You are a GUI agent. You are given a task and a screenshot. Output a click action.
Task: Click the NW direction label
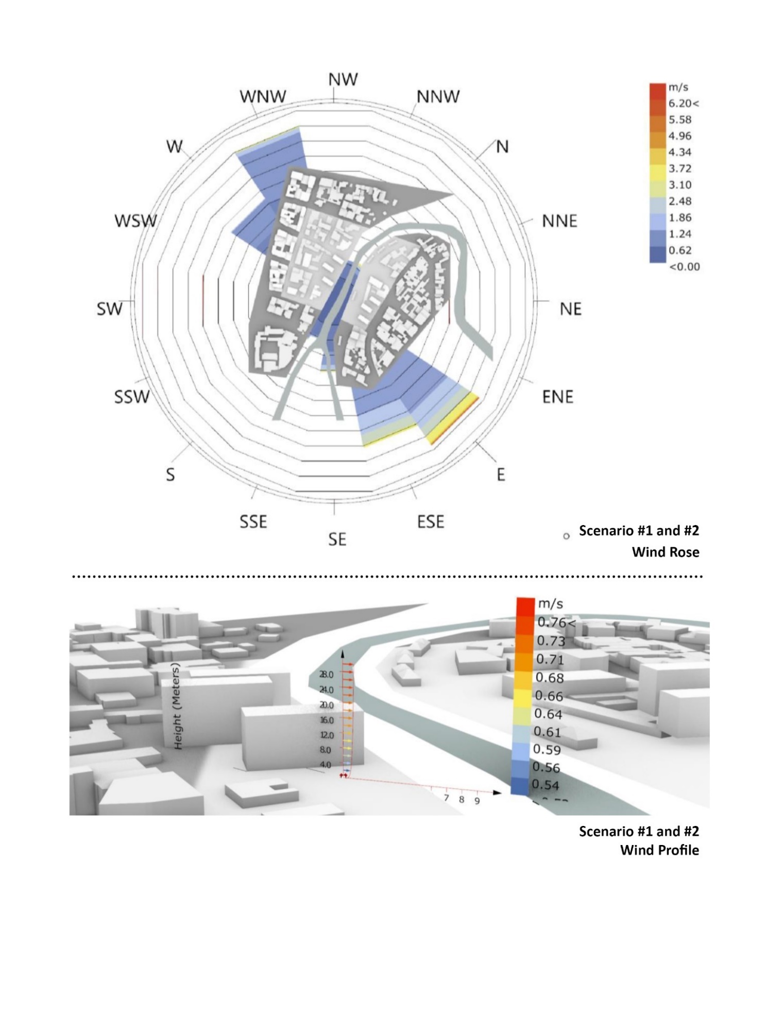tap(343, 79)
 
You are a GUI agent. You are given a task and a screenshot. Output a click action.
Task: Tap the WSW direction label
tap(135, 221)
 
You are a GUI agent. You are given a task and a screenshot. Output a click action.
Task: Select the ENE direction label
tap(557, 397)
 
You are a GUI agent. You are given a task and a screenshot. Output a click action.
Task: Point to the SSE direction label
tap(253, 521)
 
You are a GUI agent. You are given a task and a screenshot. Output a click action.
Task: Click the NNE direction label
tap(559, 221)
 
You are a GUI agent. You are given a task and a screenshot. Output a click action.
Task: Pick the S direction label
tap(171, 474)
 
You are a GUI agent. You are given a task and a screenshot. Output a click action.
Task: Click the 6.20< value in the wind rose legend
tap(684, 104)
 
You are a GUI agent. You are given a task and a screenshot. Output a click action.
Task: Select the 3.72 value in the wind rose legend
tap(680, 168)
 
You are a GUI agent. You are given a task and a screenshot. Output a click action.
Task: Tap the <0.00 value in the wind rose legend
tap(684, 266)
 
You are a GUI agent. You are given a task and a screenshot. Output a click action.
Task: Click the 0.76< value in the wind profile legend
tap(556, 622)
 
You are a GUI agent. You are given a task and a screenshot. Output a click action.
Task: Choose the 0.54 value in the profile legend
tap(545, 785)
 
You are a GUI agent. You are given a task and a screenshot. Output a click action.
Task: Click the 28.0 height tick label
tap(327, 674)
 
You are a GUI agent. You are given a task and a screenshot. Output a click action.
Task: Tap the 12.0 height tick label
tap(327, 735)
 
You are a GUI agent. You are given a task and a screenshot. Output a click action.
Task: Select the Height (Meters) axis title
tap(178, 706)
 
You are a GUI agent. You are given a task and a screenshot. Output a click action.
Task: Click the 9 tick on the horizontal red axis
tap(477, 800)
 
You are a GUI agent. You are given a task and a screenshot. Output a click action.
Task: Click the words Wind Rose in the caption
tap(666, 552)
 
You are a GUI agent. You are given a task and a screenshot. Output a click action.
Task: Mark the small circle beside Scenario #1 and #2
tap(567, 536)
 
